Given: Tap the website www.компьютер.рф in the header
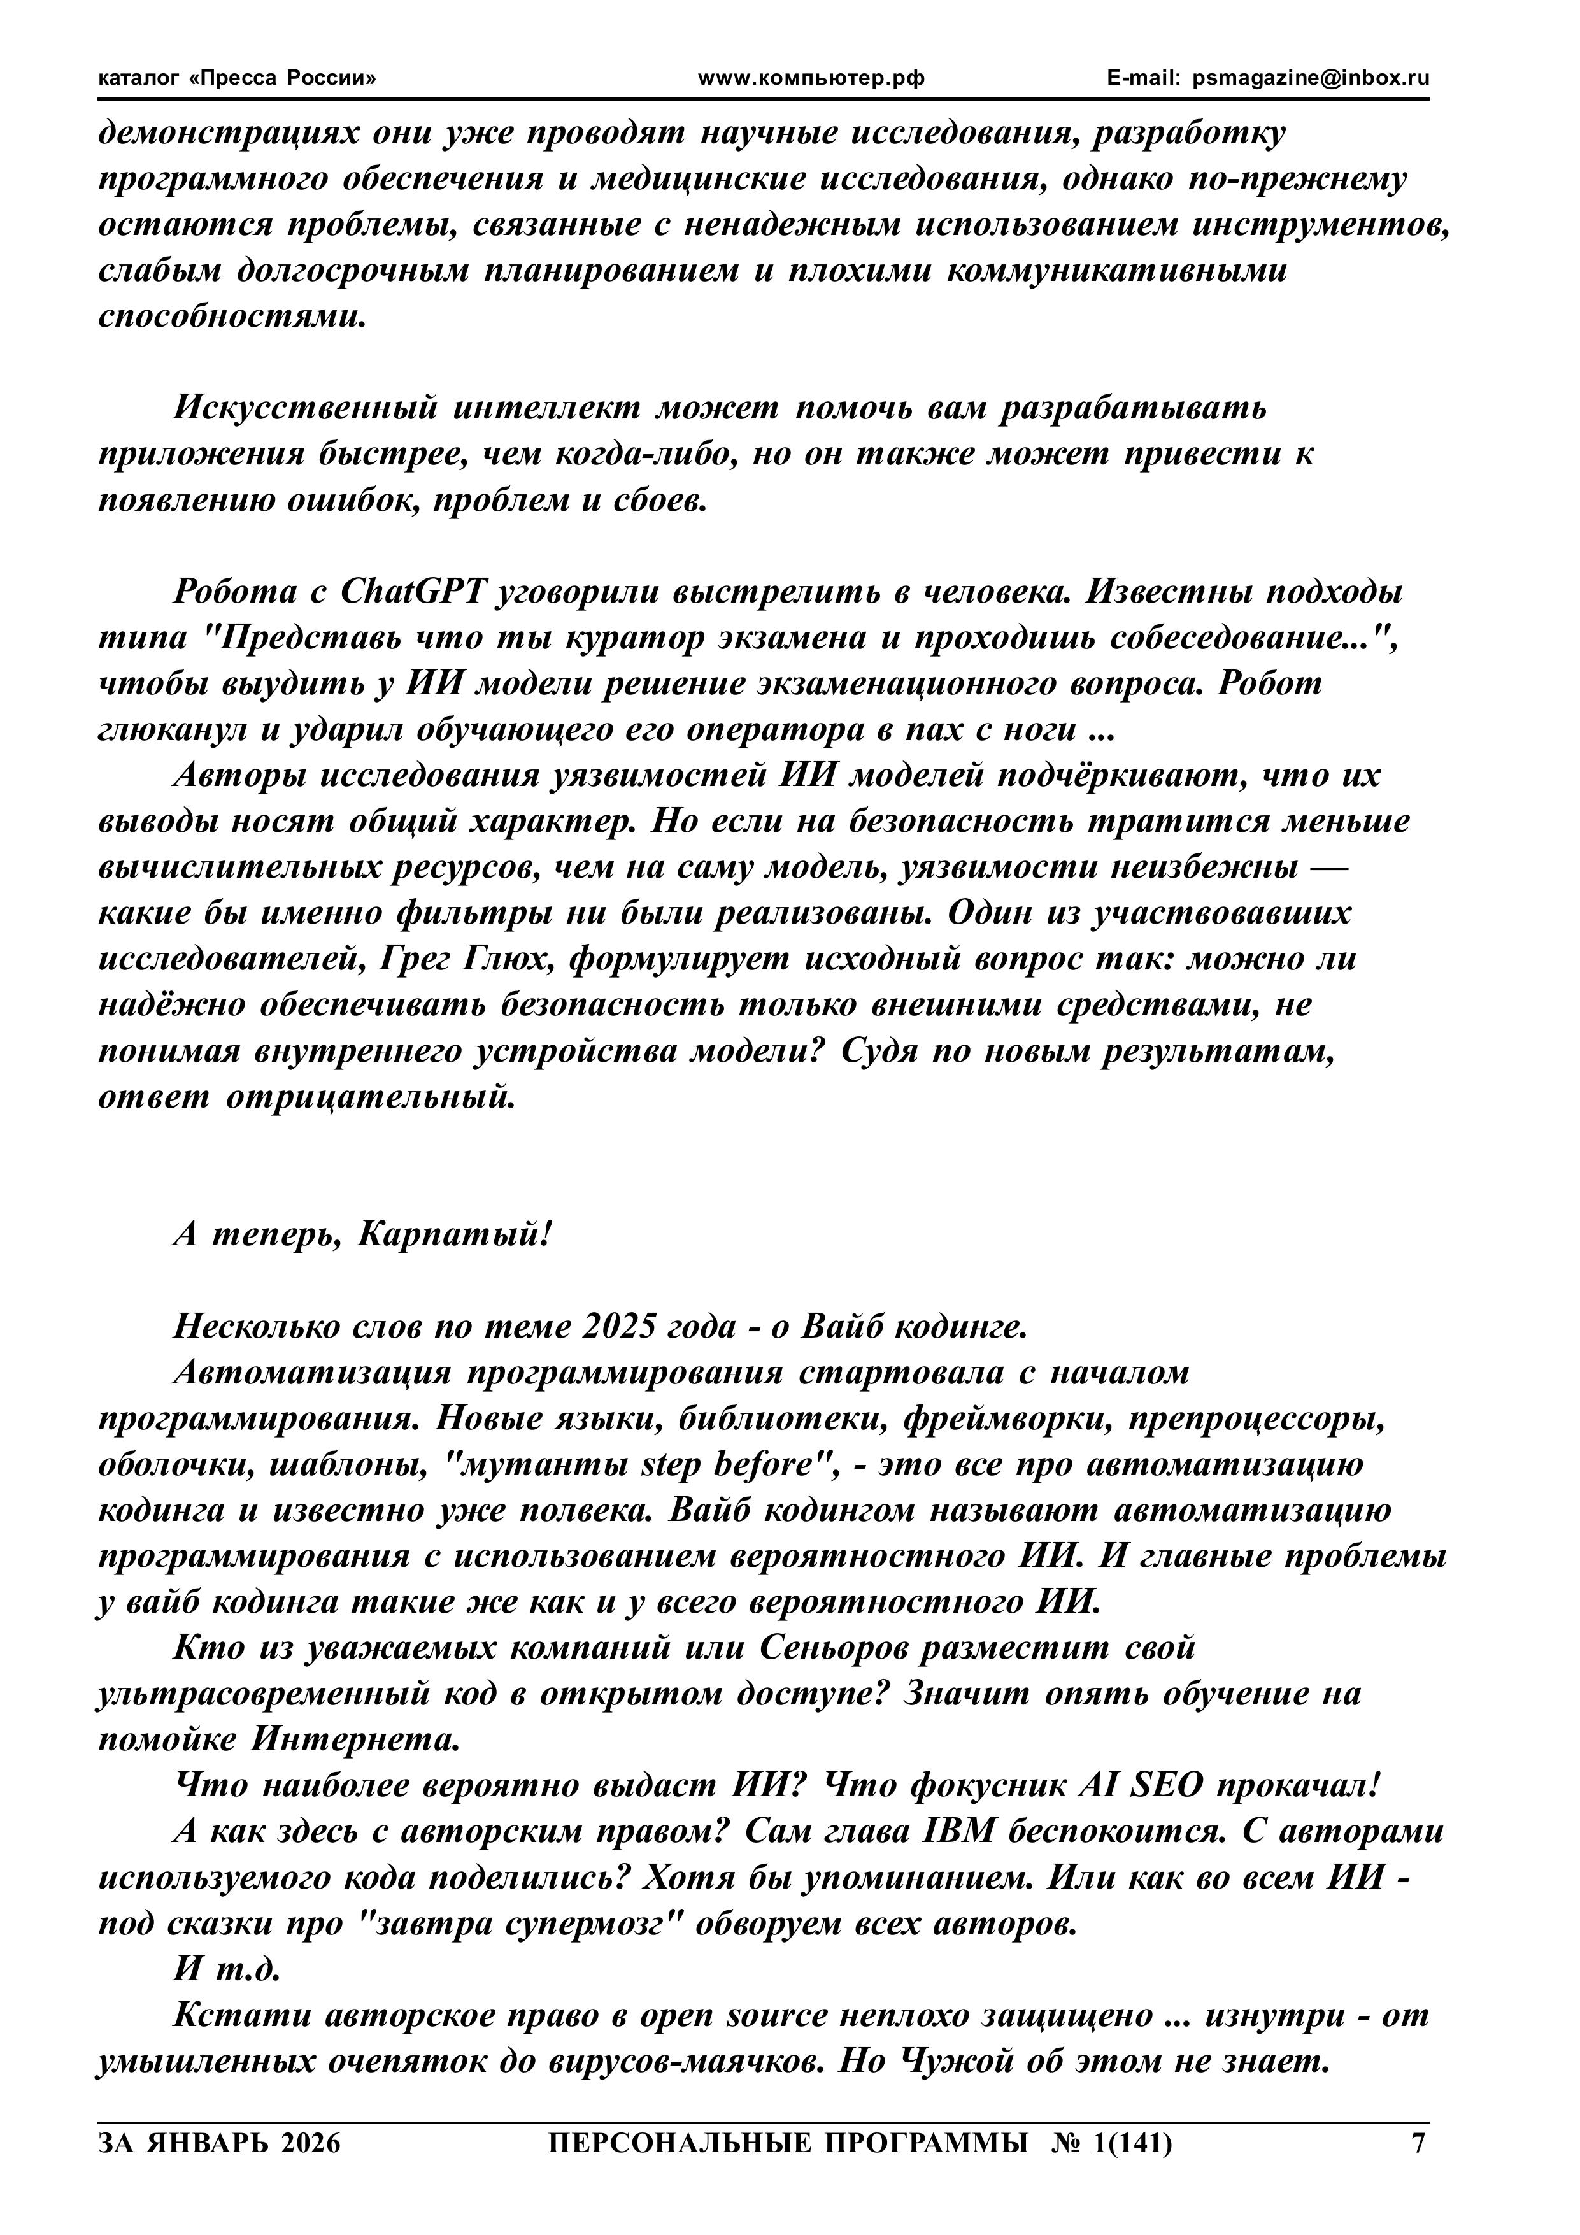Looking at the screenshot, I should pos(811,79).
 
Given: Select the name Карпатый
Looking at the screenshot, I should pos(453,1235).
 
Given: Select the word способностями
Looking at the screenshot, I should pos(234,317).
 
